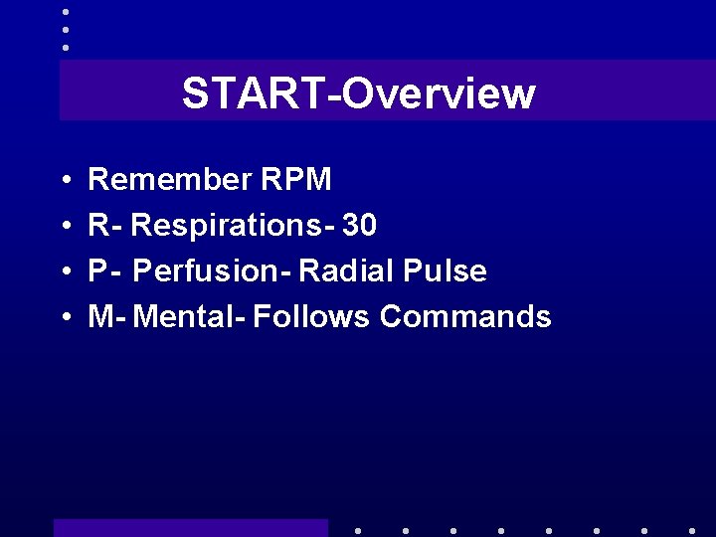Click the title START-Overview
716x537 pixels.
tap(358, 93)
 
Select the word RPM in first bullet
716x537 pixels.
tap(296, 180)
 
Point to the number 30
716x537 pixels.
tap(359, 227)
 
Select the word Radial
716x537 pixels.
tap(347, 271)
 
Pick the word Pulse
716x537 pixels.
tap(446, 271)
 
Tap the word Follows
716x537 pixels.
tap(312, 317)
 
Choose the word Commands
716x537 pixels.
tap(465, 317)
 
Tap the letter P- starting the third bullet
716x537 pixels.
tap(103, 271)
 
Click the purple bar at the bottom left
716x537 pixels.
tap(190, 528)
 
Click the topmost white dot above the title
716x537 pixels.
tap(66, 12)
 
